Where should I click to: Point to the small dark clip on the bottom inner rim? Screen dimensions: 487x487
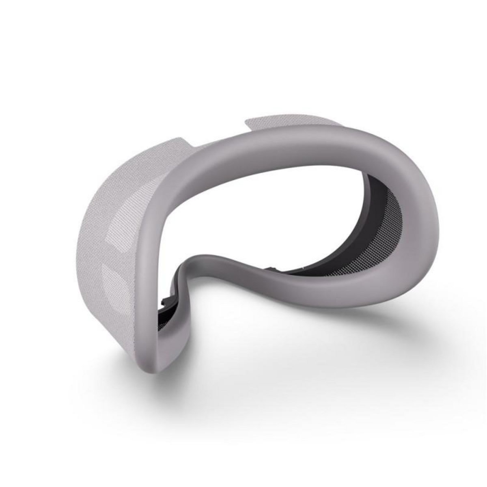point(271,269)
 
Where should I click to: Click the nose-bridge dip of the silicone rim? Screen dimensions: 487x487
point(211,264)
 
